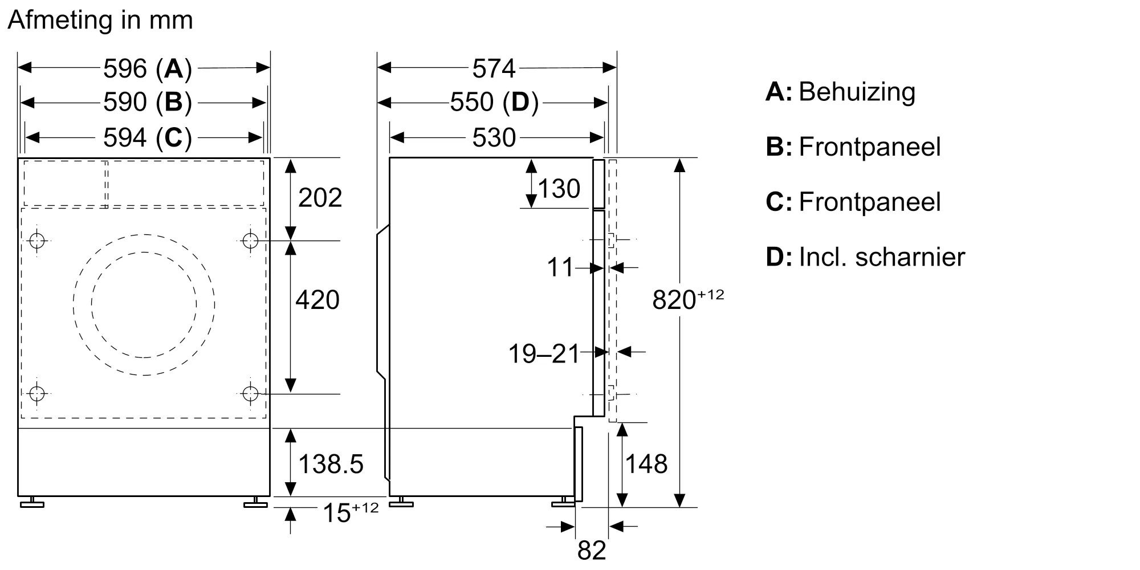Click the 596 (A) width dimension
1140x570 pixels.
point(148,68)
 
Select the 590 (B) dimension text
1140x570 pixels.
point(148,103)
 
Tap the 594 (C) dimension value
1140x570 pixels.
point(148,137)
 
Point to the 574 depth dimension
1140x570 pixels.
point(494,68)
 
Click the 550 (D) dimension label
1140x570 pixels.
point(494,103)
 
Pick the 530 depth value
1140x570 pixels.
point(494,137)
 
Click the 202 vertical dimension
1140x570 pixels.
point(320,197)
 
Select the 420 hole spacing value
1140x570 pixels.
point(317,300)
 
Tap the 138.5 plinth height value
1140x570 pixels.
point(331,464)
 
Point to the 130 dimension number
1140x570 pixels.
point(559,189)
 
